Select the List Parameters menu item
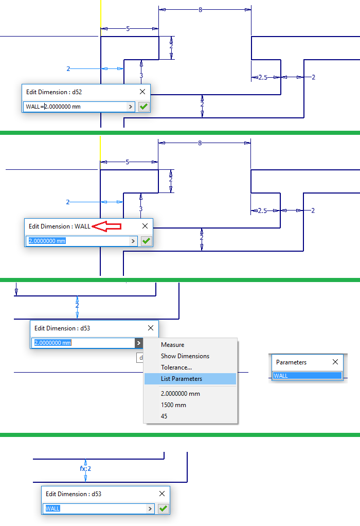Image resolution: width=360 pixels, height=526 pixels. [x=182, y=379]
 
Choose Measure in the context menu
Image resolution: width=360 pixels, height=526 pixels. [x=172, y=345]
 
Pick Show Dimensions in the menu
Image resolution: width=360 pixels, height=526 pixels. [x=185, y=356]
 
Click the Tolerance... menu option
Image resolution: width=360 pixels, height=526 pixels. [x=176, y=367]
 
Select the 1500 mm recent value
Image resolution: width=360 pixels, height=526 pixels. [x=173, y=405]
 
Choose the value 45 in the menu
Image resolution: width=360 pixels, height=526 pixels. [x=165, y=416]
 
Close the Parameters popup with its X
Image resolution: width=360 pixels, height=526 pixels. [x=335, y=362]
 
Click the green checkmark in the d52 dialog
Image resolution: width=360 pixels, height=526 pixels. [x=143, y=107]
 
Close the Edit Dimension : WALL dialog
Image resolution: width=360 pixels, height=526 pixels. [x=145, y=226]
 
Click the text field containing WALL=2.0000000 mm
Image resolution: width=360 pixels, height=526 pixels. [x=75, y=107]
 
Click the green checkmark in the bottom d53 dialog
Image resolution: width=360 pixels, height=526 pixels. [x=163, y=509]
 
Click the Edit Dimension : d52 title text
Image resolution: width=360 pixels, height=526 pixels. [x=54, y=92]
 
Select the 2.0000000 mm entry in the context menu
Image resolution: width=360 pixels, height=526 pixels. [x=180, y=394]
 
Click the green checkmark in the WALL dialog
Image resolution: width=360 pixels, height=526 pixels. [x=146, y=241]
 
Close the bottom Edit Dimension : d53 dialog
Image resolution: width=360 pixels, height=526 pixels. [x=162, y=494]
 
